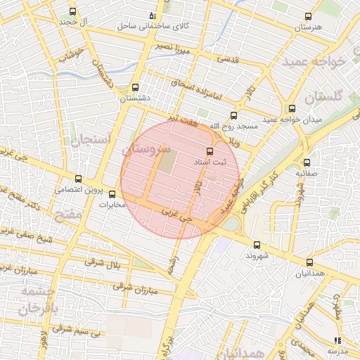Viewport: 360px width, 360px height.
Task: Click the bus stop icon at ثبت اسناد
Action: (x=209, y=151)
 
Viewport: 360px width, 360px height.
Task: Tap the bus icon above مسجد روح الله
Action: (x=233, y=116)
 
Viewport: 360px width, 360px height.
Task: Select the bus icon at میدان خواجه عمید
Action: (x=292, y=108)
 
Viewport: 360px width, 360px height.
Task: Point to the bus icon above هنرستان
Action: (x=307, y=15)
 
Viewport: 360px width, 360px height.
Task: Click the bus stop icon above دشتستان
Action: (x=135, y=88)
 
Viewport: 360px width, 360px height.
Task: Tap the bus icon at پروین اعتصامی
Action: (x=78, y=179)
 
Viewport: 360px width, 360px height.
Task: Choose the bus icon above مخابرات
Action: (x=112, y=194)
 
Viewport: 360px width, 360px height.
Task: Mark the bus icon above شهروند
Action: (x=256, y=245)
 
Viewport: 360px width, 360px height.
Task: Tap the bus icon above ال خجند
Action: (x=73, y=12)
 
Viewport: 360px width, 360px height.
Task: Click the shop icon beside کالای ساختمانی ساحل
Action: (x=153, y=15)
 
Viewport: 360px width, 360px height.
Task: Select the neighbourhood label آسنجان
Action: (x=91, y=140)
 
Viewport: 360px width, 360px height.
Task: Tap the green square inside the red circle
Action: (x=167, y=162)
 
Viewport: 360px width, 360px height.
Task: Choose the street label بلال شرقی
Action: (x=120, y=265)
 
